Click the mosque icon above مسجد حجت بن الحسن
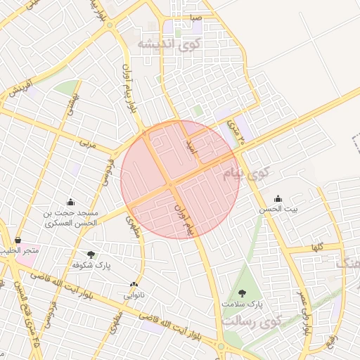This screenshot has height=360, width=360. [70, 202]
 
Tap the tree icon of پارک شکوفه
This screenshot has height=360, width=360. [91, 255]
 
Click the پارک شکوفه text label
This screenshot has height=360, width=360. [91, 266]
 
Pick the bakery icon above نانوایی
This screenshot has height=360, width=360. [134, 285]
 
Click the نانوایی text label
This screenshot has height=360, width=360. [134, 295]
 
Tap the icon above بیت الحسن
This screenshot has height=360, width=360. [278, 198]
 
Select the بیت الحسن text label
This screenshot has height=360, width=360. [278, 209]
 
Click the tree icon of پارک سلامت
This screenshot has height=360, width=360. [243, 293]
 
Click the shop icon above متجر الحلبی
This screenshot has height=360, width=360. [18, 240]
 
